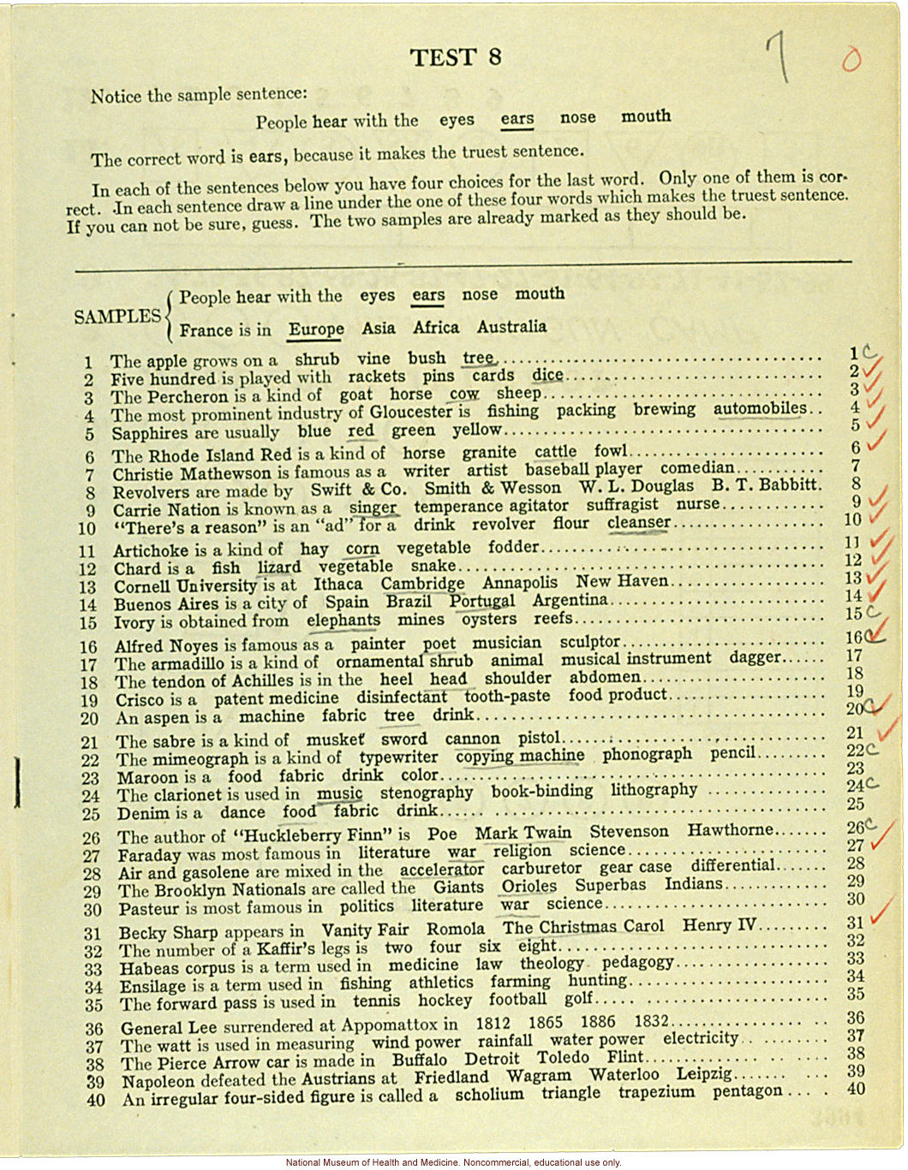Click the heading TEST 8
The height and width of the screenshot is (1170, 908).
pyautogui.click(x=455, y=57)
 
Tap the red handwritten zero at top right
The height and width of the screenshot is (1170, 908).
pyautogui.click(x=851, y=59)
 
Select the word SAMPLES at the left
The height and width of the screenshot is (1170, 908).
pyautogui.click(x=117, y=317)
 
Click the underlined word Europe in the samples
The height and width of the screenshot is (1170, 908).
pyautogui.click(x=316, y=329)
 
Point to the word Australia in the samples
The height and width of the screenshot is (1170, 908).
pyautogui.click(x=511, y=326)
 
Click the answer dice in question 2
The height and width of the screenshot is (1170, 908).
pyautogui.click(x=547, y=375)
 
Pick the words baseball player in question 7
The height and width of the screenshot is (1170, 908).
pyautogui.click(x=583, y=469)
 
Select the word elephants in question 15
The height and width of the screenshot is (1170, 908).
pyautogui.click(x=343, y=621)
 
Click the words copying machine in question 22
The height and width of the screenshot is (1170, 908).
pyautogui.click(x=519, y=756)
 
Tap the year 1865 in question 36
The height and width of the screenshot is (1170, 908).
pyautogui.click(x=545, y=1023)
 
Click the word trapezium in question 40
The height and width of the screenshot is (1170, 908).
pyautogui.click(x=657, y=1093)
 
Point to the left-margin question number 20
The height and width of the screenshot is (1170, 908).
pyautogui.click(x=90, y=719)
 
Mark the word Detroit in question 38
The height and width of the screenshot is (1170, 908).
pyautogui.click(x=492, y=1059)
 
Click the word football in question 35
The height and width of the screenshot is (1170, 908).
pyautogui.click(x=517, y=1000)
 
